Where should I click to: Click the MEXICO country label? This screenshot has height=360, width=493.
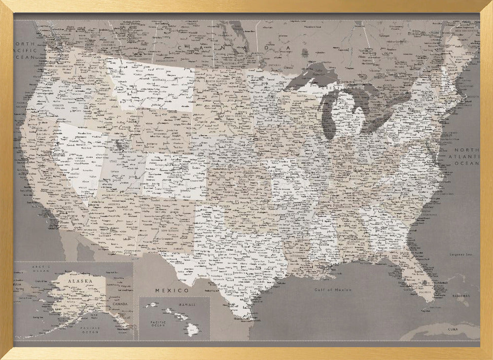click(172, 290)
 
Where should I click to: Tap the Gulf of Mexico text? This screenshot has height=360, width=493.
click(334, 290)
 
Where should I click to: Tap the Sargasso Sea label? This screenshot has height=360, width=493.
click(460, 254)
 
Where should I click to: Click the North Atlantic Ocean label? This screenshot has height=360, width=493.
click(466, 156)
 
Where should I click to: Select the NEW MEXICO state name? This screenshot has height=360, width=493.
click(166, 230)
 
